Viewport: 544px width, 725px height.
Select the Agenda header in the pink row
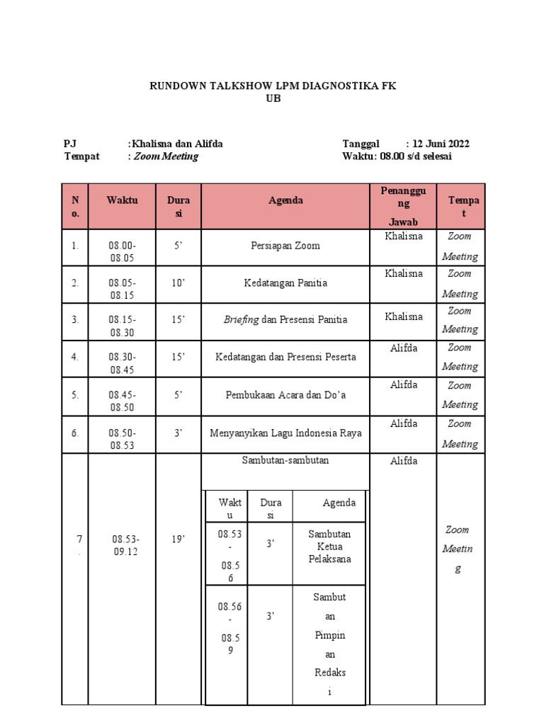(x=285, y=200)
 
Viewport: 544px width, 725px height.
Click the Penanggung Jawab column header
(x=403, y=206)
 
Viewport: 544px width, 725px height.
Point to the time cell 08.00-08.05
(x=122, y=251)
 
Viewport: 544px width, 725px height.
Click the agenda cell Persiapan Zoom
(x=285, y=246)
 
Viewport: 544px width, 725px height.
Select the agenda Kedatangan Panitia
(x=285, y=283)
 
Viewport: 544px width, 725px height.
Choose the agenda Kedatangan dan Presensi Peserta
(x=285, y=357)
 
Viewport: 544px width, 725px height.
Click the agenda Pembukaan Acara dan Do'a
(x=285, y=394)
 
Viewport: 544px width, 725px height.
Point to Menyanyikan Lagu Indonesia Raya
(x=285, y=433)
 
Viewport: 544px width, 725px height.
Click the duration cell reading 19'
(x=178, y=540)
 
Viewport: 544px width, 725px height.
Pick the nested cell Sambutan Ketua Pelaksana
(x=329, y=546)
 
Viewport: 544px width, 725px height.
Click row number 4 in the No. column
(x=74, y=357)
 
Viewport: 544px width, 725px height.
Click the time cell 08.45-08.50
(x=122, y=401)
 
